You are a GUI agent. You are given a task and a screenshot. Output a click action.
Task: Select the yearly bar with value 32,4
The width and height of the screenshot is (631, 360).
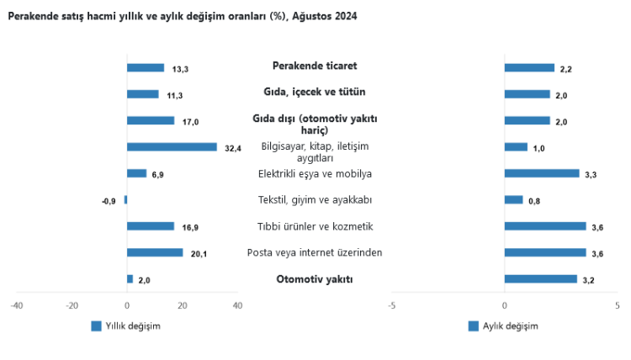(x=172, y=147)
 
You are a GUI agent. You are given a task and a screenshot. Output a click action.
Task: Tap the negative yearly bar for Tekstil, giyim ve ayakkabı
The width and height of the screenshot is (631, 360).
(x=125, y=199)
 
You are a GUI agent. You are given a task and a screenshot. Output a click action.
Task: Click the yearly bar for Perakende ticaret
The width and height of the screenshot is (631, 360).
(x=145, y=68)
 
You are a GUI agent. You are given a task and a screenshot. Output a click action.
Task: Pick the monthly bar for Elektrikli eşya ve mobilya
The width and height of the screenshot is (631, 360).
(x=542, y=173)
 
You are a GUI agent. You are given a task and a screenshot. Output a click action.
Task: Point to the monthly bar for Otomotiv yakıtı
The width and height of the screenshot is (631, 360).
(x=540, y=278)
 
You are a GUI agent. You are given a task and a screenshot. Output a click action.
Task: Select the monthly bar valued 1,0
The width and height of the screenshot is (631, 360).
(x=516, y=147)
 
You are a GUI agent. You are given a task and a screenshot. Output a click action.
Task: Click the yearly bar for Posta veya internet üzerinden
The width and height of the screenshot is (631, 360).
(x=154, y=252)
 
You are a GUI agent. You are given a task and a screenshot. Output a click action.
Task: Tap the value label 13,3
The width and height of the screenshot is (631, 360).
(x=180, y=69)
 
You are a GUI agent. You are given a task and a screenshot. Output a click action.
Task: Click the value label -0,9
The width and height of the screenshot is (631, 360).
(x=109, y=200)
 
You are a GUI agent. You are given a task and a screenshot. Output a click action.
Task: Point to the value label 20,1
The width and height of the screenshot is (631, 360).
(x=199, y=253)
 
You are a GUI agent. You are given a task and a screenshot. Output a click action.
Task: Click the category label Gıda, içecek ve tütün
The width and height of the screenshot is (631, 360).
(x=315, y=93)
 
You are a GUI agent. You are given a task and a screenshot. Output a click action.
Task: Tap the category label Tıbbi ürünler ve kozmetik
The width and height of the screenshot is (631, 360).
(x=315, y=226)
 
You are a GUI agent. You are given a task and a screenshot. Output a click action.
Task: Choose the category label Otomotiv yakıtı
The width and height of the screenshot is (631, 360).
(x=315, y=279)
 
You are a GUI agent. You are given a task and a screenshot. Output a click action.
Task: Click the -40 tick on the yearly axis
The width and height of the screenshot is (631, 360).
(x=17, y=304)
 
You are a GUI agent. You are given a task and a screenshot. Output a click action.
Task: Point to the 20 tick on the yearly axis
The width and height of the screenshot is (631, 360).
(x=182, y=304)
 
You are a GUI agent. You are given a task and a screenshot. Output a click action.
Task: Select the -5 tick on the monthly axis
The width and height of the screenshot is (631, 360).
(x=391, y=304)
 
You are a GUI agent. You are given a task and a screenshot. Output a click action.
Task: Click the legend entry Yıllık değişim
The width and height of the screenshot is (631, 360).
(x=125, y=326)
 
